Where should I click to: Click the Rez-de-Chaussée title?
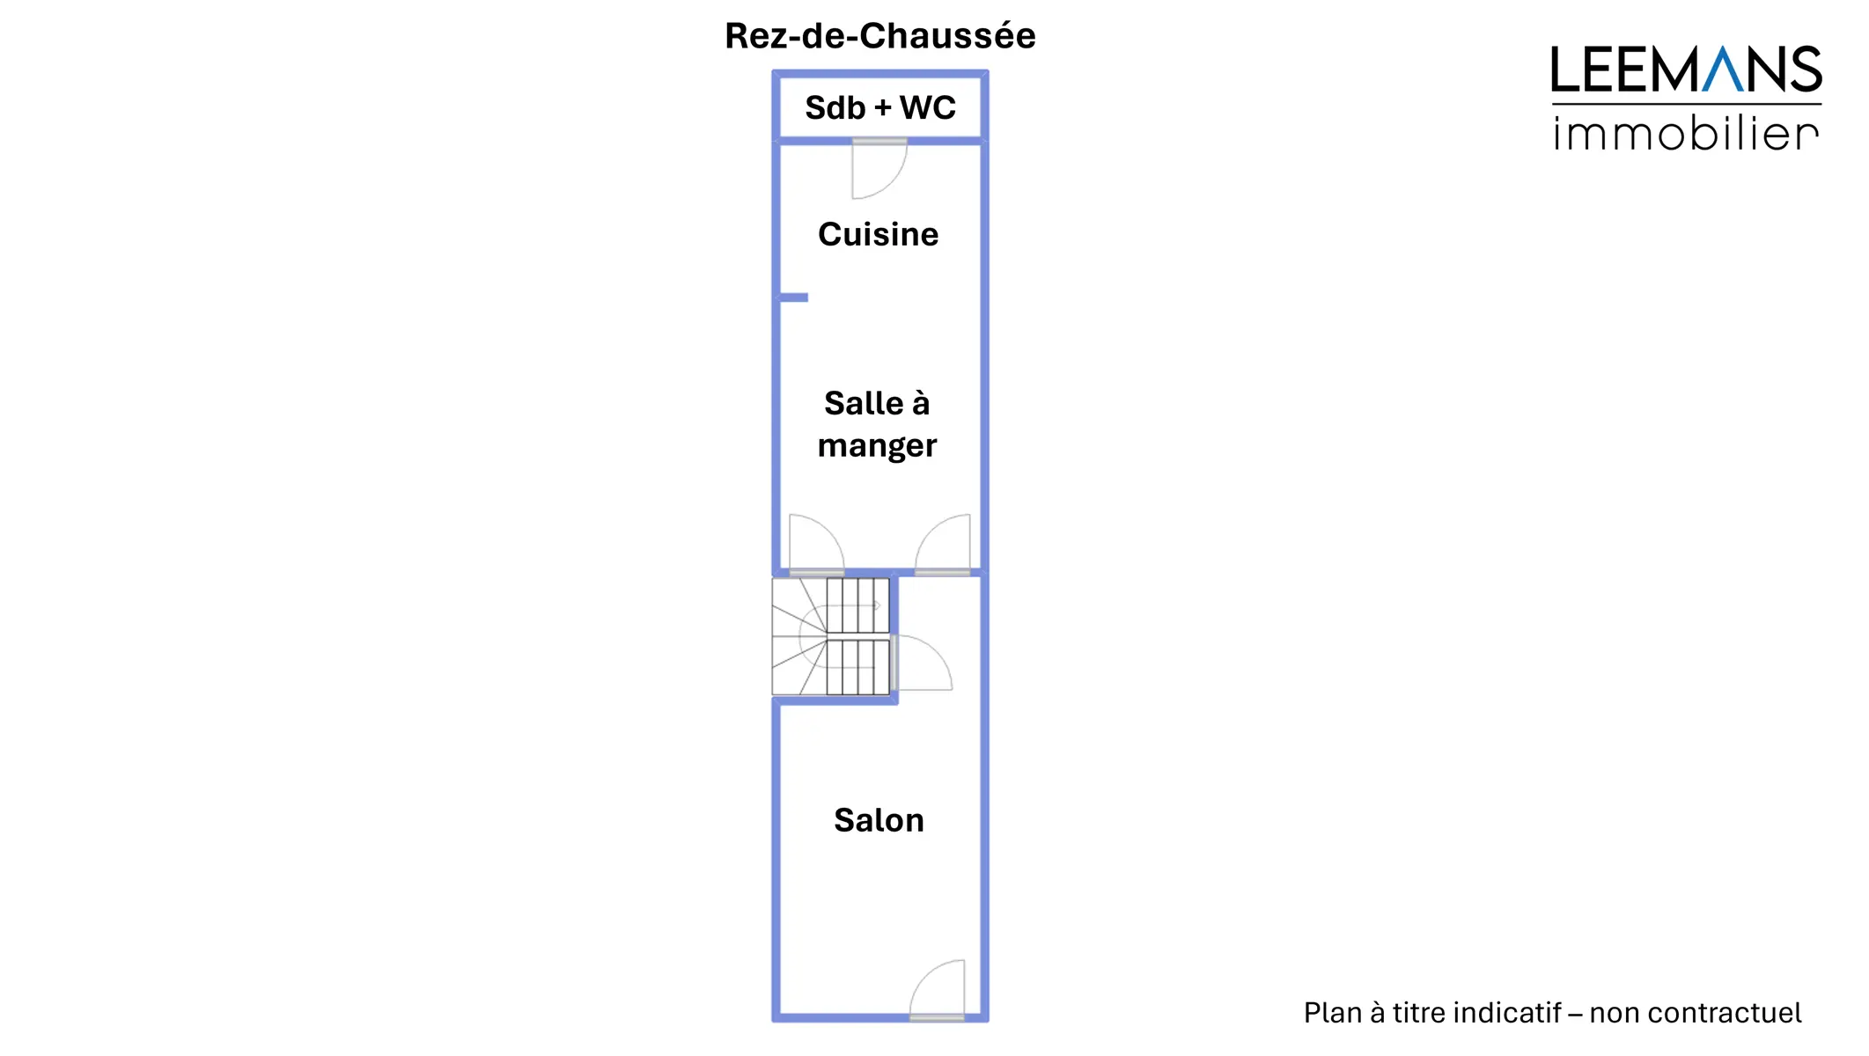[x=879, y=36]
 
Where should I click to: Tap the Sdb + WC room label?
[x=879, y=107]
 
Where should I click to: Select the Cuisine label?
[x=878, y=234]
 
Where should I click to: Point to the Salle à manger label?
[x=877, y=424]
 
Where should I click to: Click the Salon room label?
[x=879, y=820]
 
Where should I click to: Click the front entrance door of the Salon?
[x=938, y=991]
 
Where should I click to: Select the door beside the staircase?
[x=923, y=663]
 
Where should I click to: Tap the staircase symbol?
[x=831, y=636]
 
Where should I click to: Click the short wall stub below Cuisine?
[x=793, y=297]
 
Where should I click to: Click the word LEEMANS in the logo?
[x=1685, y=70]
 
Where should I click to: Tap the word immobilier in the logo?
[x=1685, y=134]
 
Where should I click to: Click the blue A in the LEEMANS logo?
[x=1722, y=70]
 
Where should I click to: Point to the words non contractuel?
[x=1695, y=1013]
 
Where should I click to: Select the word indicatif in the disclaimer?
[x=1507, y=1013]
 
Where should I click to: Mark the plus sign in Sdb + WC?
[x=882, y=108]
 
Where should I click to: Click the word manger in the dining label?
[x=877, y=446]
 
